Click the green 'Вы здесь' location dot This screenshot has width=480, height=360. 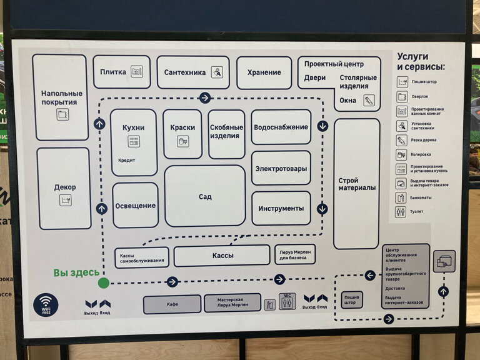point(104,282)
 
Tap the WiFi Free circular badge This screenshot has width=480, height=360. point(46,305)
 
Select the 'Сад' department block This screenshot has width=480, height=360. point(205,196)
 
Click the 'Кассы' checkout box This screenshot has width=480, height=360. point(222,255)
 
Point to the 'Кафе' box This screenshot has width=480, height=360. point(172,304)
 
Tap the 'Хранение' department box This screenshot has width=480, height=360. point(264,72)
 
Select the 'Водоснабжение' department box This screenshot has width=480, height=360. point(281,127)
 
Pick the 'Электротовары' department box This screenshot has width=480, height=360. point(281,168)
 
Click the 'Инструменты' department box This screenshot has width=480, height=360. point(281,208)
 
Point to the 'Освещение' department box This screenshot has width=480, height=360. point(135,205)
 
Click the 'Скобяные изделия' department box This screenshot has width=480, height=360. point(226,133)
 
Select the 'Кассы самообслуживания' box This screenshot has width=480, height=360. point(142,257)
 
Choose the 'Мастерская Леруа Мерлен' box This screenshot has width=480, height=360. point(232,303)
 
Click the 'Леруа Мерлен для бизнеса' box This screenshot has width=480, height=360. point(295,254)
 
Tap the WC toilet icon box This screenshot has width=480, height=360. point(287,301)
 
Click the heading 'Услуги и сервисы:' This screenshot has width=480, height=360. point(421,61)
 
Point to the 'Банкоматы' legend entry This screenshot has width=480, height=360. point(425,197)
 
